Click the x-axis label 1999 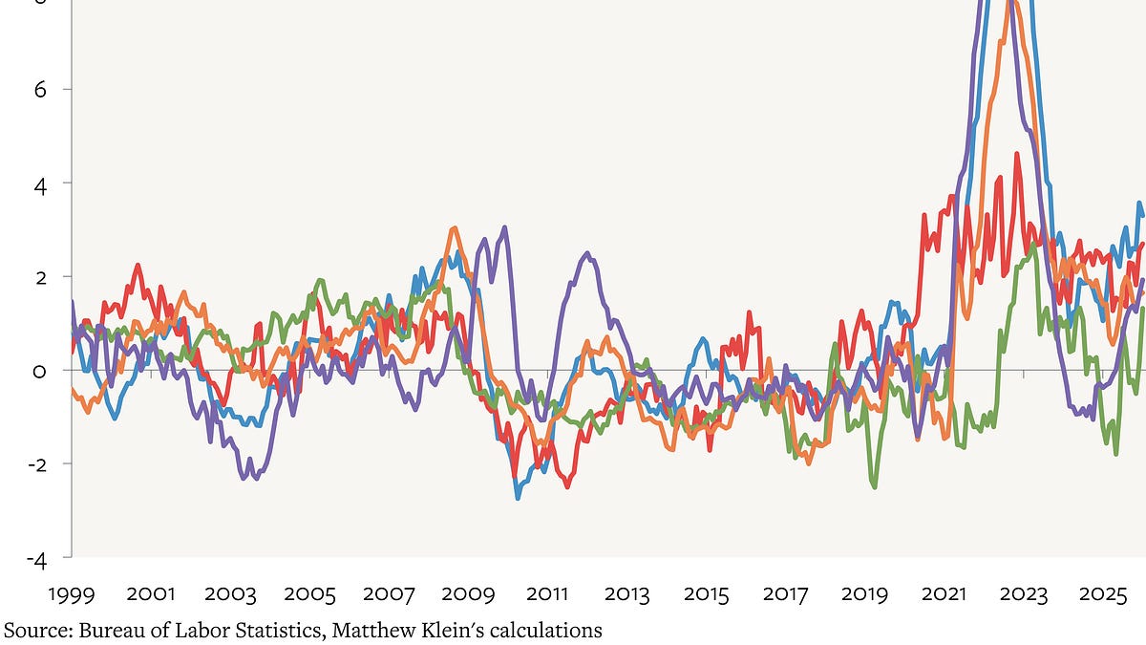(x=72, y=594)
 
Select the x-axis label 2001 (x=151, y=594)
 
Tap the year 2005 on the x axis (x=309, y=594)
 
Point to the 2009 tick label (x=468, y=594)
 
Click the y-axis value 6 (x=39, y=89)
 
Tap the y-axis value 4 (x=39, y=183)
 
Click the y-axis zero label (x=39, y=371)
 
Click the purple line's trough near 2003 (x=244, y=477)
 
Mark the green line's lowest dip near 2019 (x=874, y=486)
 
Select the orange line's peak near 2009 (x=454, y=228)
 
